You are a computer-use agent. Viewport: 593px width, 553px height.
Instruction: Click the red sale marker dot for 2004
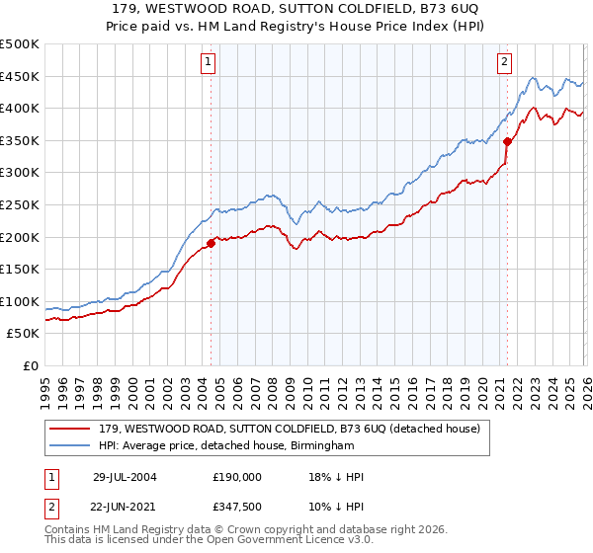(x=212, y=243)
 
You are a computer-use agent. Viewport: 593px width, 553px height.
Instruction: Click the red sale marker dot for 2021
(x=507, y=141)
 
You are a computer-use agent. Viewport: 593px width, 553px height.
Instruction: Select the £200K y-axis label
(x=20, y=237)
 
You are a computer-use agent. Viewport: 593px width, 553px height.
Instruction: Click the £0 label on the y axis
(x=31, y=365)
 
